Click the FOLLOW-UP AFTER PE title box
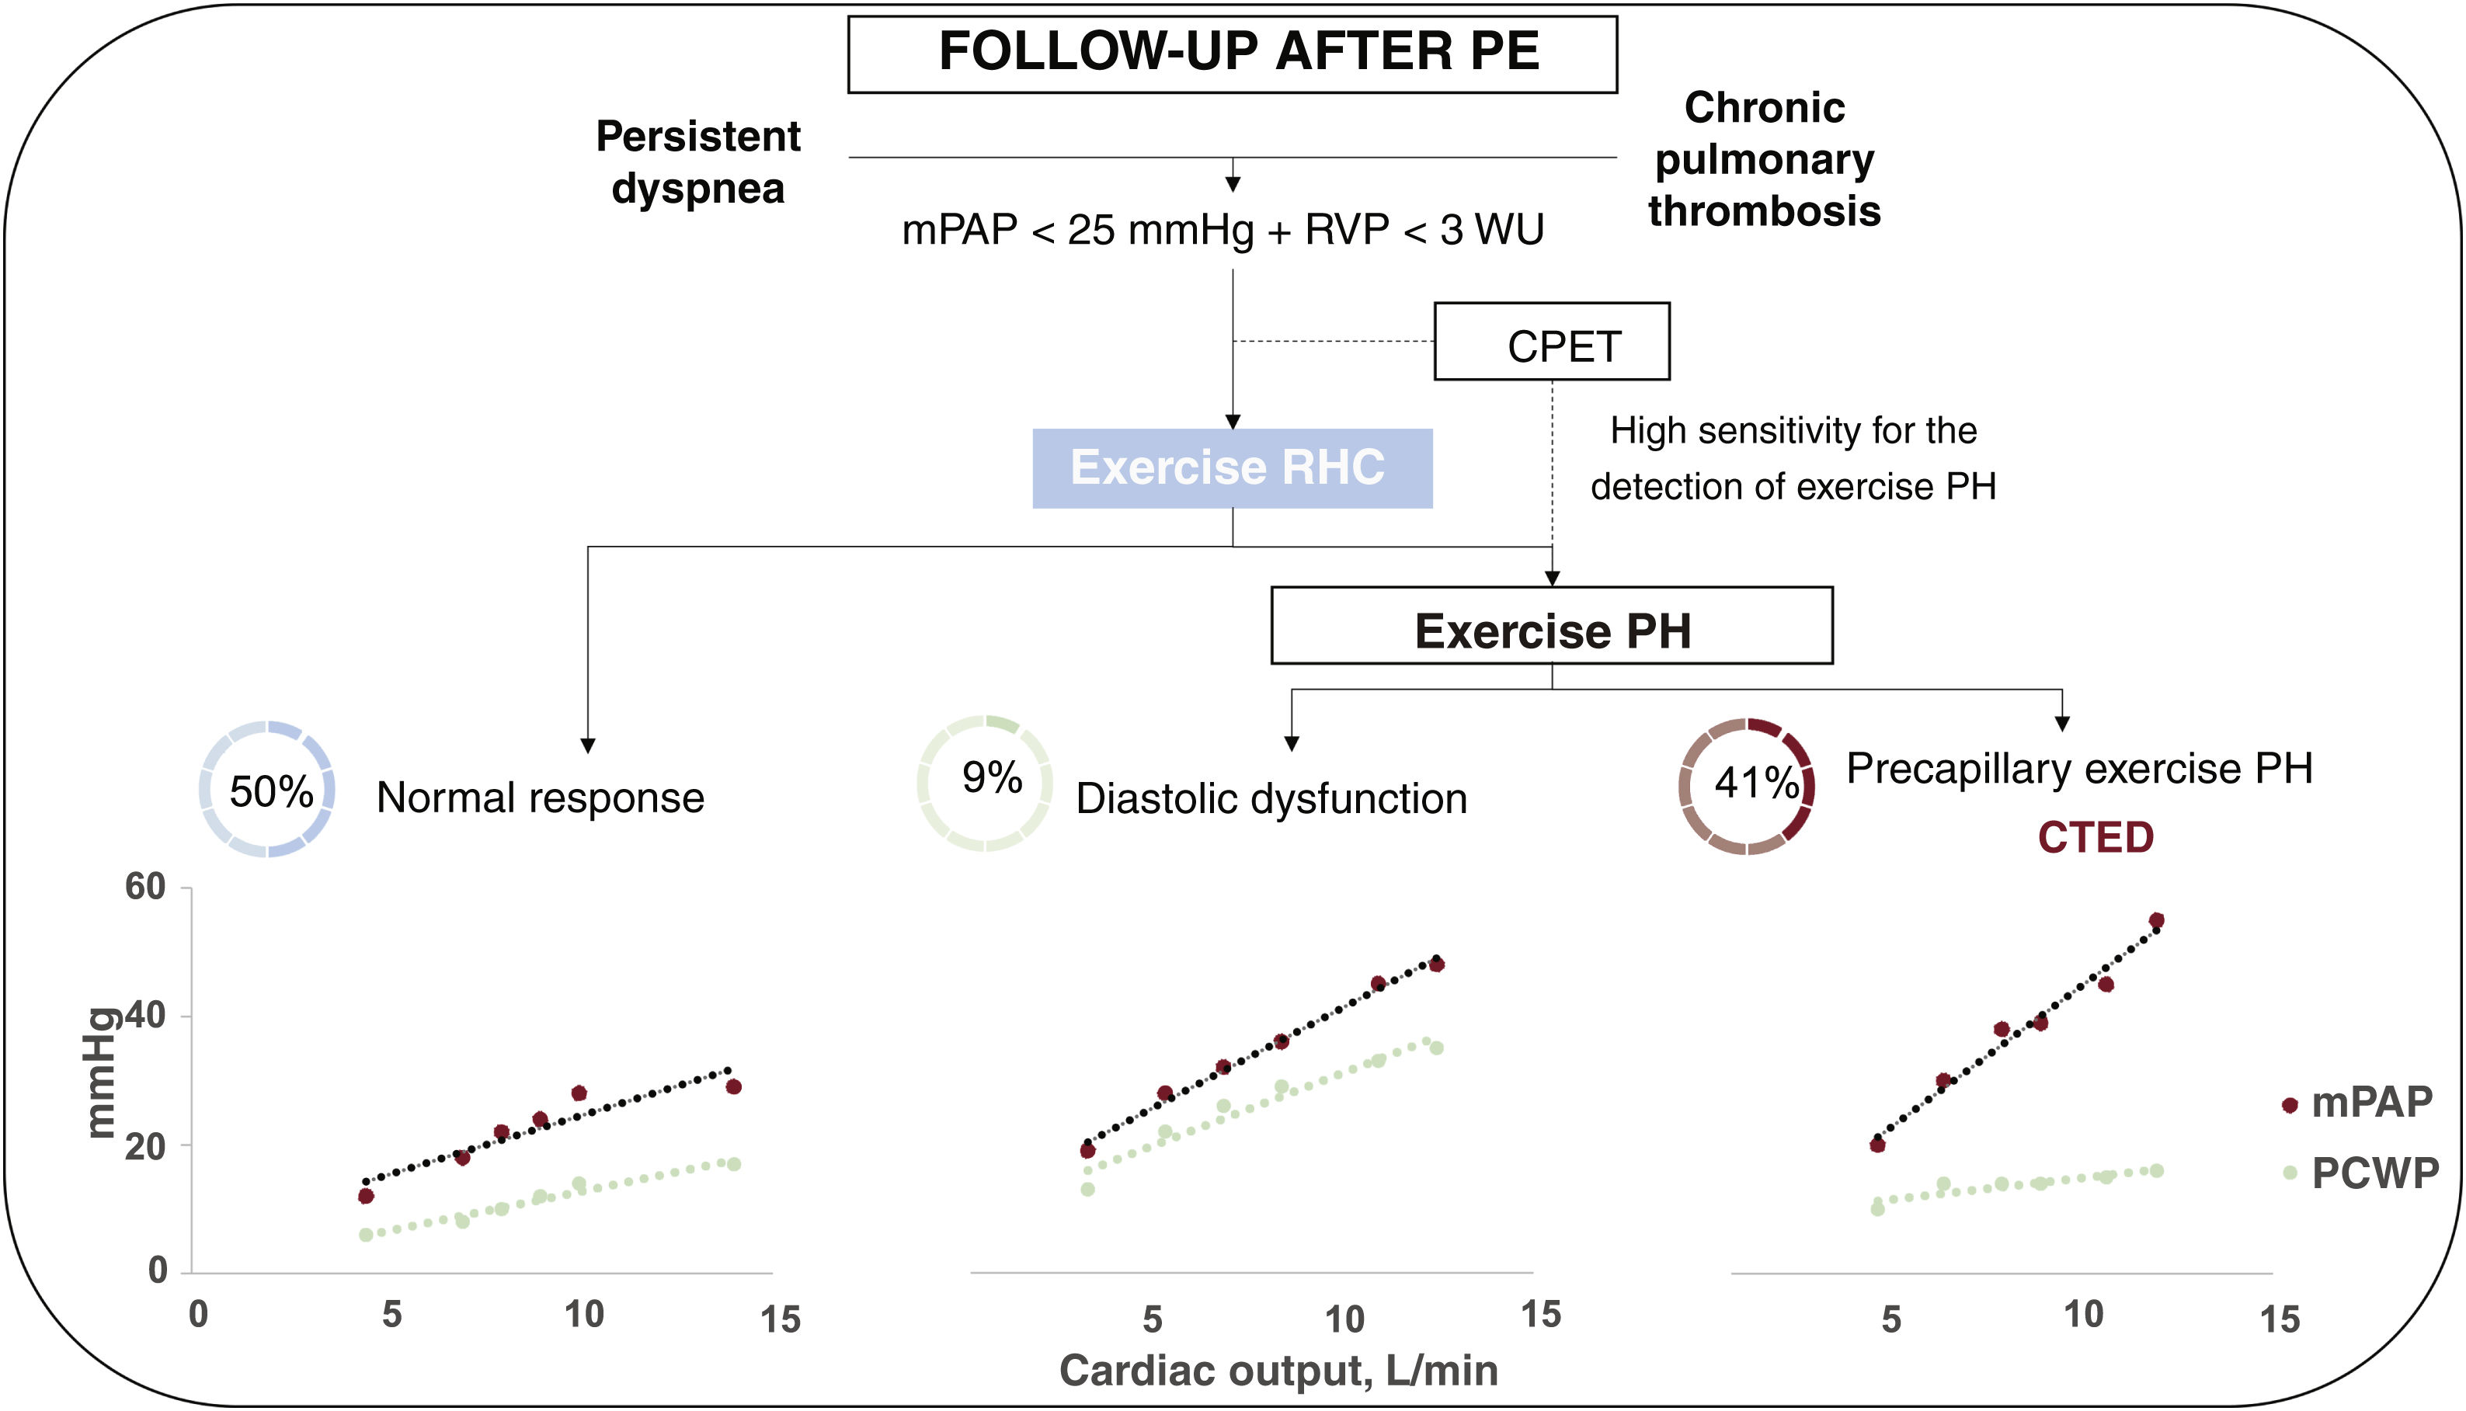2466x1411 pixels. (1232, 54)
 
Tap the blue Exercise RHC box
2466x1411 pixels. (1232, 468)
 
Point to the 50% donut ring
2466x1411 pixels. (267, 789)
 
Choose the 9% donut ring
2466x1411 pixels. (985, 783)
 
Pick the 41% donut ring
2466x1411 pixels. (1746, 786)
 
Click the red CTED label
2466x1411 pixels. (2095, 837)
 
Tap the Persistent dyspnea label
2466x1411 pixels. (697, 162)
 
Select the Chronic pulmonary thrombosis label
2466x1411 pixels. (1765, 159)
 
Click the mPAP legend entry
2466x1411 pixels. (2360, 1103)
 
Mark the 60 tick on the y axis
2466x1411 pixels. (145, 887)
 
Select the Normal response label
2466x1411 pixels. (540, 798)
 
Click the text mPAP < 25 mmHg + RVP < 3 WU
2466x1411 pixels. (1223, 231)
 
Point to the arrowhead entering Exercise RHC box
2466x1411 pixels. (1233, 422)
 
